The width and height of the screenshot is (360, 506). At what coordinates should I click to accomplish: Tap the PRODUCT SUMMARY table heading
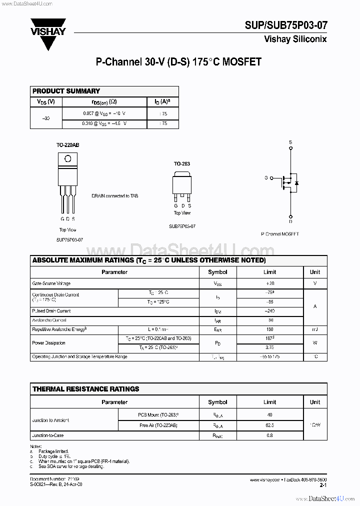(66, 91)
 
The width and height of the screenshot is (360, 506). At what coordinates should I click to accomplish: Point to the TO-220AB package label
(67, 145)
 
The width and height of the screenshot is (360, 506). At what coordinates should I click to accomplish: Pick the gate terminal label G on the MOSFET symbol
(266, 178)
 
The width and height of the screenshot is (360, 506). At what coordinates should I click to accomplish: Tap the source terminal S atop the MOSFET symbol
(290, 142)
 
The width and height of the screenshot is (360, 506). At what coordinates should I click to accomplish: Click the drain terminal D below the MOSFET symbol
(290, 221)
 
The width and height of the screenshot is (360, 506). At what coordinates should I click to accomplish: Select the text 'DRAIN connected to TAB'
(114, 196)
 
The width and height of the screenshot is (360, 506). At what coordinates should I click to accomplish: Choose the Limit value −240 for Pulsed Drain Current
(269, 311)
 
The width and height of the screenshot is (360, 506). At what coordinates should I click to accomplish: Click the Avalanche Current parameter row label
(49, 320)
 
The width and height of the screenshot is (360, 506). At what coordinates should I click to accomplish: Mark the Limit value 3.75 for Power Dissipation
(269, 347)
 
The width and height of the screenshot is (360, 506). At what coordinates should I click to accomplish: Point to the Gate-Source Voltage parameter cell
(51, 283)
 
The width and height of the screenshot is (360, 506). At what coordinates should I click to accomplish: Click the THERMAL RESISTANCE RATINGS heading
(85, 389)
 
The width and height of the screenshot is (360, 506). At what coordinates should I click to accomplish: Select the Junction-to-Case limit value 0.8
(269, 435)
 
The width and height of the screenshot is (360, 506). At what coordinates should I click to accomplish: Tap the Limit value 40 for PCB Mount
(269, 415)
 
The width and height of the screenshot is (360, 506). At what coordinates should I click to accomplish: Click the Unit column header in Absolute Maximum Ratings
(315, 272)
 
